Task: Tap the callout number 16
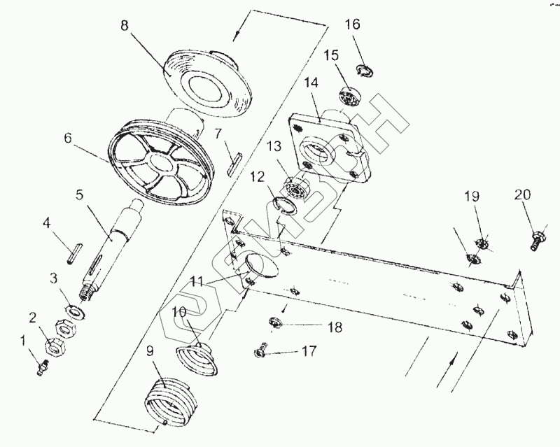click(x=352, y=24)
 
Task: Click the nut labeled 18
click(x=275, y=323)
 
